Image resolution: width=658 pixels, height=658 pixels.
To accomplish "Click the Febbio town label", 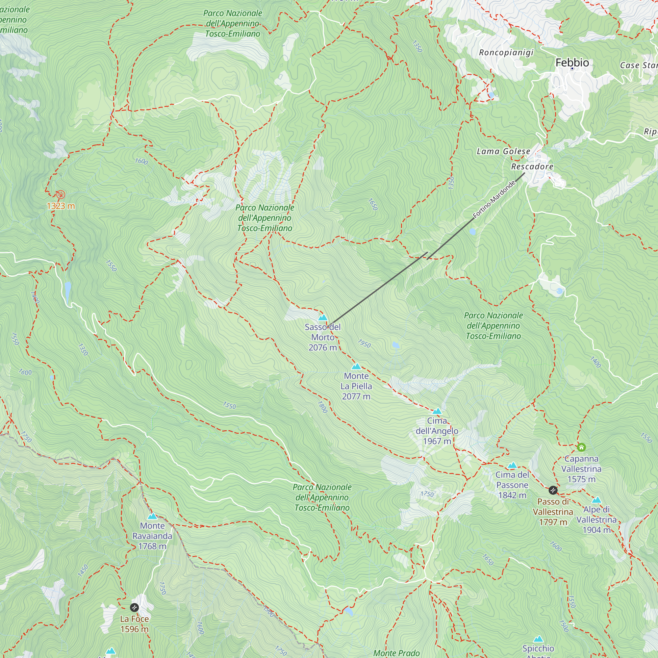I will [x=572, y=63].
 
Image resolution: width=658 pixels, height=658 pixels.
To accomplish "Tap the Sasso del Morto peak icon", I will [x=322, y=317].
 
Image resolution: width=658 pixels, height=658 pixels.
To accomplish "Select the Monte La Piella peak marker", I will [x=356, y=367].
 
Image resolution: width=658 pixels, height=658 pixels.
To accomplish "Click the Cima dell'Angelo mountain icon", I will [x=437, y=411].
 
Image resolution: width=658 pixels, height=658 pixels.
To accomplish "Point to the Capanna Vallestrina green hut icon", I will [x=581, y=447].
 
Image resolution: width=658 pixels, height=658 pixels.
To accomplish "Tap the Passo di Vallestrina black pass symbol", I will [x=553, y=490].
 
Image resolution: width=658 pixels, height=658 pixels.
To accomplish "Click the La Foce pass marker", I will [x=135, y=608].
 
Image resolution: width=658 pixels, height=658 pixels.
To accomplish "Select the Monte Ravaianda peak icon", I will [x=152, y=516].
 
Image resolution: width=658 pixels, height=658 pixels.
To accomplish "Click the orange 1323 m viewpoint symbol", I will [x=61, y=194].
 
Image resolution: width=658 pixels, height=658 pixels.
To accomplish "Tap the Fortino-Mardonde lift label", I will [x=494, y=200].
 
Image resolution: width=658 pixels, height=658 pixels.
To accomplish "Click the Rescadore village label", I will [x=532, y=166].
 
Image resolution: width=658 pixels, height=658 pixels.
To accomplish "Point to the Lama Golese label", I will [x=503, y=151].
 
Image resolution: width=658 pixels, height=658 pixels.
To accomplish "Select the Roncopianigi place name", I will [x=506, y=52].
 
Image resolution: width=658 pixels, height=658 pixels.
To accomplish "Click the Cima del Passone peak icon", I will [x=512, y=465].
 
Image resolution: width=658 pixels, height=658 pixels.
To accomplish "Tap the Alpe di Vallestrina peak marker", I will [x=596, y=500].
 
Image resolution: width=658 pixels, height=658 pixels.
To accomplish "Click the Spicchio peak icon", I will [x=538, y=639].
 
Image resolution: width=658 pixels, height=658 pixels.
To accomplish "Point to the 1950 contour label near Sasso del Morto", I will [x=364, y=344].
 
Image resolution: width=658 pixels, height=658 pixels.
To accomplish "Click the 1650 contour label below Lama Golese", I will [x=373, y=204].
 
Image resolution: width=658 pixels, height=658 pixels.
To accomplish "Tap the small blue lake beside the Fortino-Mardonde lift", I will [x=472, y=232].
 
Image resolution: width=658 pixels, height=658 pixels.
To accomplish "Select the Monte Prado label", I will [x=396, y=653].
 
